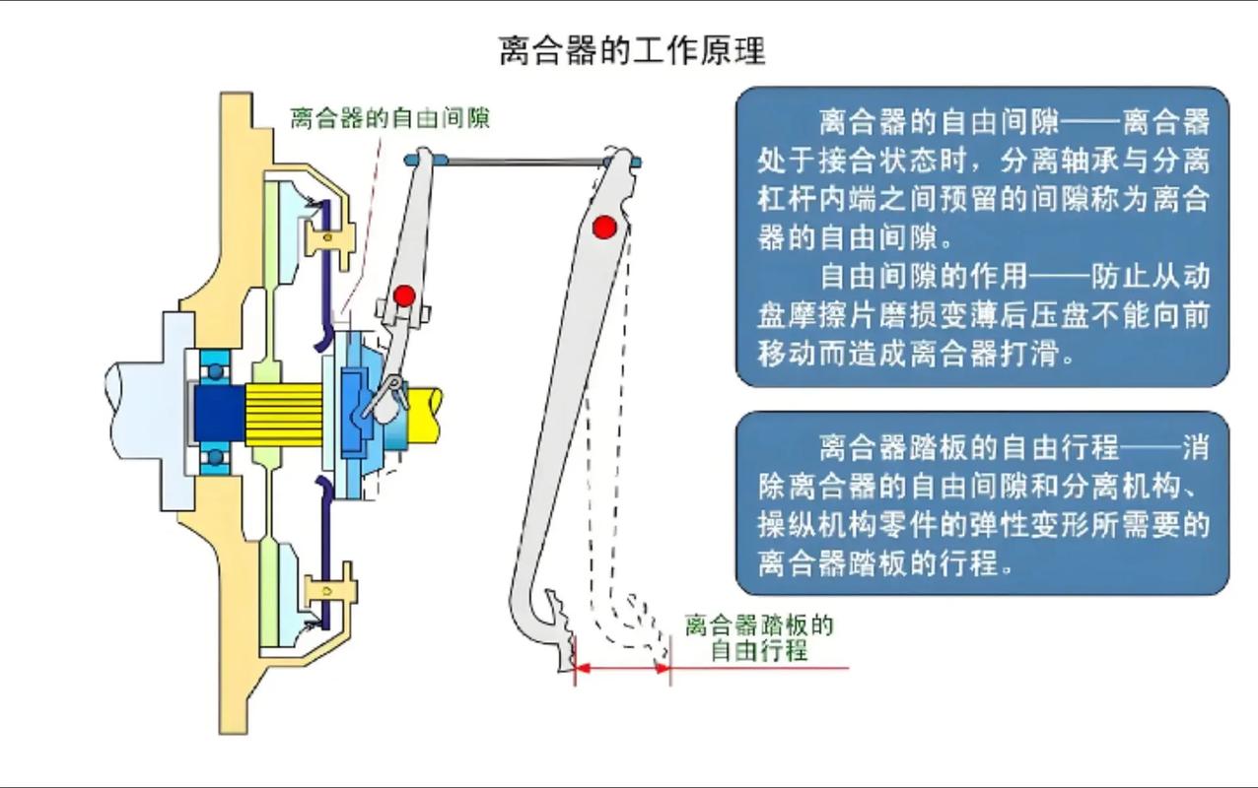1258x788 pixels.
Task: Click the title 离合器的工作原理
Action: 632,50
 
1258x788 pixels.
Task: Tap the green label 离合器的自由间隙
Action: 389,118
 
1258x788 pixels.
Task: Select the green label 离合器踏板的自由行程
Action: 758,637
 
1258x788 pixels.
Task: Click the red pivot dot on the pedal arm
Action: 604,228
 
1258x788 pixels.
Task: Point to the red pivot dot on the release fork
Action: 403,295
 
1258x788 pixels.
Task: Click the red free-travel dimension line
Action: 622,668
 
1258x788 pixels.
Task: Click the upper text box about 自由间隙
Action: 982,236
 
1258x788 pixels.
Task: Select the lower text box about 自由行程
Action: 982,503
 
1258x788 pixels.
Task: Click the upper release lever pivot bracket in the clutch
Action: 330,236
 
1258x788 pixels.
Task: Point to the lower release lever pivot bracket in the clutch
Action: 330,588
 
